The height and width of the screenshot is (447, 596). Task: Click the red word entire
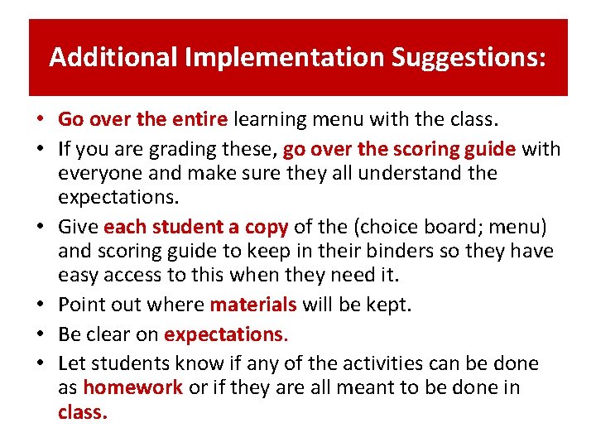(199, 120)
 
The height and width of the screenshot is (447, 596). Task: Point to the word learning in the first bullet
(270, 120)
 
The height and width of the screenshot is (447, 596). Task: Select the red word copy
(265, 227)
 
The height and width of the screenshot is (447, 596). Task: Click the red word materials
(253, 305)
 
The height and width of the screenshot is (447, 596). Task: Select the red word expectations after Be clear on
(223, 334)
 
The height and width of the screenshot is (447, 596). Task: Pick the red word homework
(132, 387)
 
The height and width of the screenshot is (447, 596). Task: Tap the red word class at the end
(81, 411)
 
